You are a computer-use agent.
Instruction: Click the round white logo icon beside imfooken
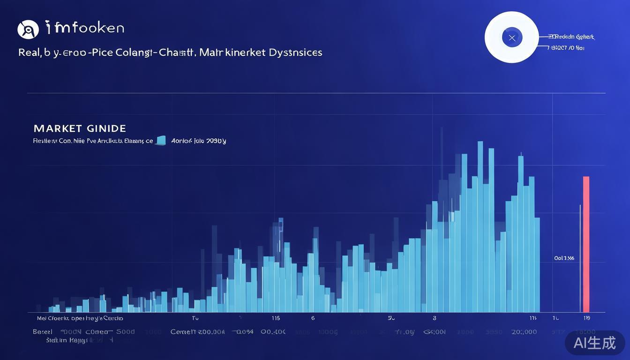click(x=28, y=30)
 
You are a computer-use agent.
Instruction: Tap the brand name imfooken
click(x=85, y=28)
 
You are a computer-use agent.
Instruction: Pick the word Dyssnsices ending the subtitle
click(x=295, y=52)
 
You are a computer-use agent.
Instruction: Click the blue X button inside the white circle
click(x=512, y=37)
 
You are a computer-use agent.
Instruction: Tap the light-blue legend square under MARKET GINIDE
click(x=161, y=140)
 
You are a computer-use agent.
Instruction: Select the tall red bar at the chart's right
click(x=586, y=244)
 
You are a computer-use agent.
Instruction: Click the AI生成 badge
click(x=595, y=343)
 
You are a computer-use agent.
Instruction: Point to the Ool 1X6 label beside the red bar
click(x=564, y=258)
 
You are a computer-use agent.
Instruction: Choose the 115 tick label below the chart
click(x=276, y=318)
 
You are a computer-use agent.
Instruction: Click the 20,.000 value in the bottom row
click(x=524, y=332)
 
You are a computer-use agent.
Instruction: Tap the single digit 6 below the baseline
click(x=313, y=318)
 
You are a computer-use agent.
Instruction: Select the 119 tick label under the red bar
click(x=586, y=318)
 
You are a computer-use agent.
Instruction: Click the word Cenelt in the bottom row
click(x=183, y=332)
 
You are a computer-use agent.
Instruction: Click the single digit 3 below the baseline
click(x=435, y=318)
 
